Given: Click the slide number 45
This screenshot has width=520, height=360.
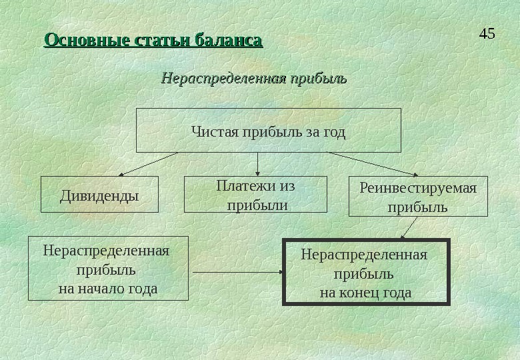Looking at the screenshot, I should coord(487,33).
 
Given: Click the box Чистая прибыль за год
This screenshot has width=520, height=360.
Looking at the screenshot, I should coord(269,131).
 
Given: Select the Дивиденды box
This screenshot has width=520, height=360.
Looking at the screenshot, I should coord(99,195).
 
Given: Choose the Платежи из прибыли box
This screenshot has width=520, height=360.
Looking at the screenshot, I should coord(255,195).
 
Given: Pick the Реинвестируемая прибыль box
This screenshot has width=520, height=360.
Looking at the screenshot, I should coord(418,197).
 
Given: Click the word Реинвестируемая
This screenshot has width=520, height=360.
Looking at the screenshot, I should coord(418,188).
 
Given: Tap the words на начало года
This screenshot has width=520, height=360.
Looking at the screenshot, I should coord(108,289).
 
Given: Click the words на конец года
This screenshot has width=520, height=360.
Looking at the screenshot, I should coord(365,293).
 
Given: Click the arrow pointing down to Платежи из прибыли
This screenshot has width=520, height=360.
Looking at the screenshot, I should coord(258,164).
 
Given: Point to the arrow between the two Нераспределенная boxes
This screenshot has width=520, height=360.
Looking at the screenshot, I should coord(236,272).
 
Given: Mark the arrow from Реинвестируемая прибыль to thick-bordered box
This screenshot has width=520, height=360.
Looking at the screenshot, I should coord(409,227).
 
